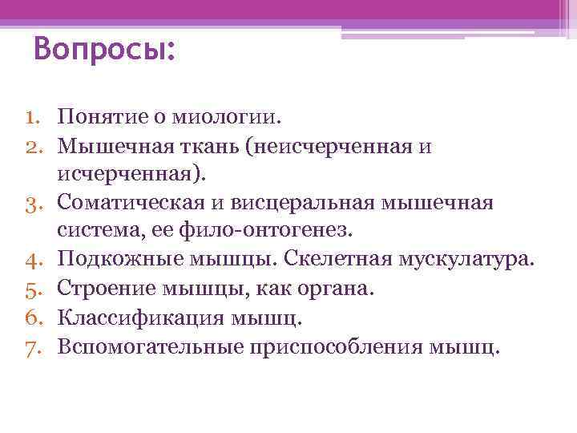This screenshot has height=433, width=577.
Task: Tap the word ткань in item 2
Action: [219, 146]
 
